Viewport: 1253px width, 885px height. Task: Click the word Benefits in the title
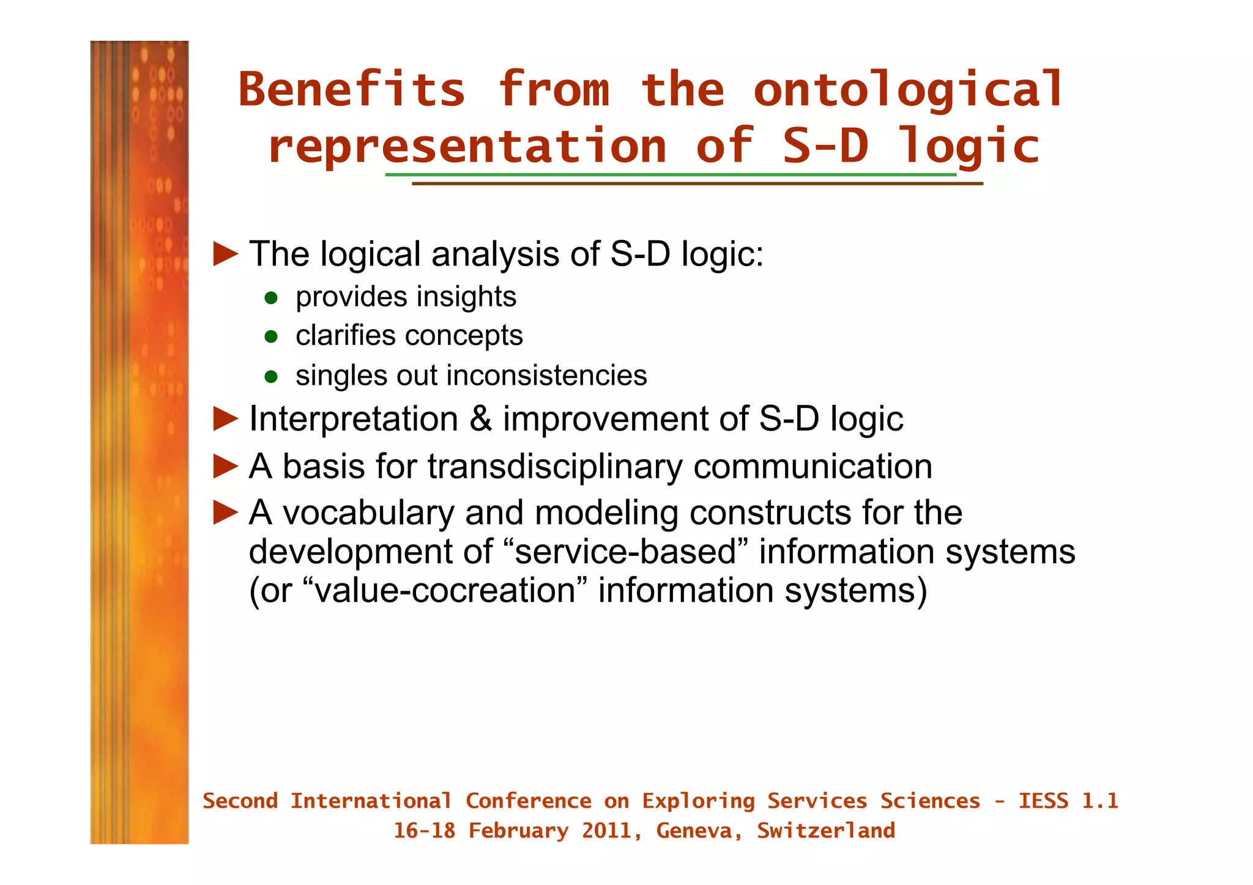click(x=352, y=90)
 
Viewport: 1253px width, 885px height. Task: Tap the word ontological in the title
click(x=908, y=90)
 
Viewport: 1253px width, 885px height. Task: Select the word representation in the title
click(x=467, y=147)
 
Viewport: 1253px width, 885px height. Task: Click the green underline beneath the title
click(x=670, y=175)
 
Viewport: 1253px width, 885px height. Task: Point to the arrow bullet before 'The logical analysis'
click(x=225, y=254)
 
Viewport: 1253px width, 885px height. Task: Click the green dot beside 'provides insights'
click(x=271, y=298)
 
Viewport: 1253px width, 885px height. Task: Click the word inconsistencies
click(x=547, y=376)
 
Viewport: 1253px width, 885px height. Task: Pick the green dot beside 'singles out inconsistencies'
click(x=271, y=377)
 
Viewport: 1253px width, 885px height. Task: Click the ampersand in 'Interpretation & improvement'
click(x=480, y=420)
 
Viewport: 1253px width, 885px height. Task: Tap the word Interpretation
click(x=354, y=420)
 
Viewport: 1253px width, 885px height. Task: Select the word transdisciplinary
click(x=554, y=467)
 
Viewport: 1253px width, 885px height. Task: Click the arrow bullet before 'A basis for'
click(x=225, y=467)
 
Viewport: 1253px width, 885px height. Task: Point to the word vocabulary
click(x=368, y=513)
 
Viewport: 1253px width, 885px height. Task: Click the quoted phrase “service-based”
click(x=626, y=552)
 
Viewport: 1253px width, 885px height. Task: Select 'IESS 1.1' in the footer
click(x=1068, y=801)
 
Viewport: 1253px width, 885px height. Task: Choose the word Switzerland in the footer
click(x=825, y=831)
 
